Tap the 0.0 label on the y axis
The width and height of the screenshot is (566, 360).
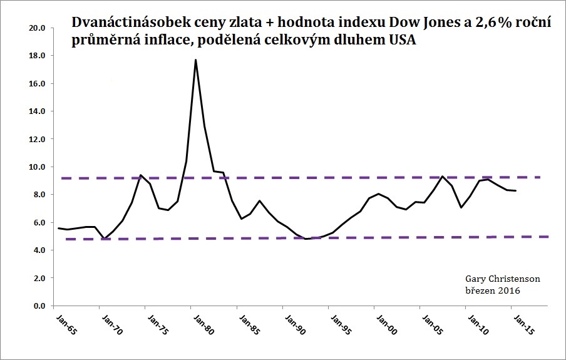click(39, 306)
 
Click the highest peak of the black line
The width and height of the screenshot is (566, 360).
click(196, 59)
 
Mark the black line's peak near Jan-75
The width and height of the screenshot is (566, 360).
click(141, 175)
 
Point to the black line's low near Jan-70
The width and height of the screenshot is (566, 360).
click(104, 239)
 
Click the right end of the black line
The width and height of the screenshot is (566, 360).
click(515, 190)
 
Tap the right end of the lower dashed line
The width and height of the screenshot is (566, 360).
click(548, 237)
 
